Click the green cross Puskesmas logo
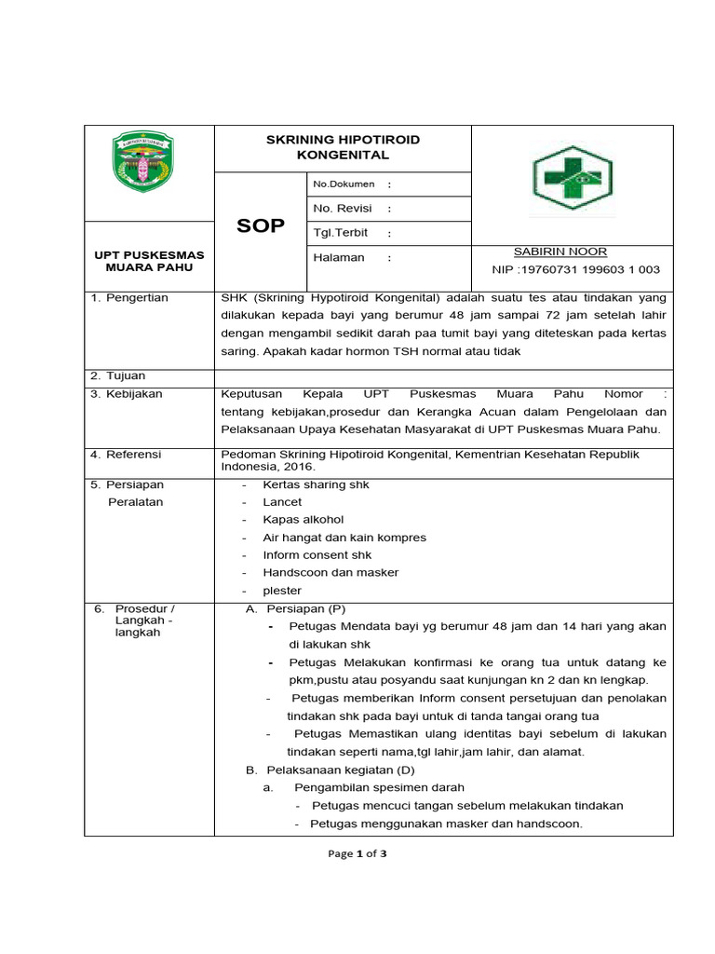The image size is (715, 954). (x=572, y=181)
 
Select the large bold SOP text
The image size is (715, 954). (x=262, y=226)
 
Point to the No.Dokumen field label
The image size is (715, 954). (x=344, y=184)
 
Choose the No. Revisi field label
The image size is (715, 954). (x=344, y=209)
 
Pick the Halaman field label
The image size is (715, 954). (x=339, y=257)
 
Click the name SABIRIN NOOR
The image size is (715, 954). (x=560, y=252)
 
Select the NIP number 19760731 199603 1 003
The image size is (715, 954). (x=575, y=270)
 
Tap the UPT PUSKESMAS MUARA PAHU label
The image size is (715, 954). (x=149, y=261)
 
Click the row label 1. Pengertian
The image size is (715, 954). (x=129, y=298)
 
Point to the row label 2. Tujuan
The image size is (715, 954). (x=118, y=375)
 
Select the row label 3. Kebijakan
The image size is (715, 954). (x=127, y=394)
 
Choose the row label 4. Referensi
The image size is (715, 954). (x=127, y=454)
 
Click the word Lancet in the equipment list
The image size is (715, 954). (x=282, y=502)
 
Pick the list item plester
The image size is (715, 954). (x=282, y=591)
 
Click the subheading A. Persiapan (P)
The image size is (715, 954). (x=295, y=608)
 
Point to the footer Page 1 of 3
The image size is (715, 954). (x=357, y=853)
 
